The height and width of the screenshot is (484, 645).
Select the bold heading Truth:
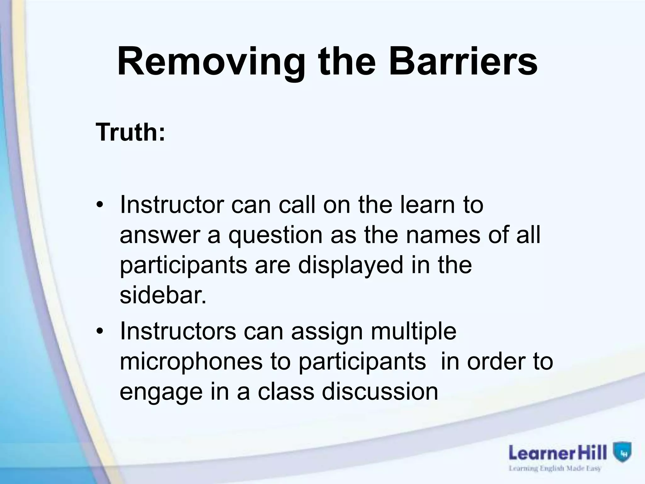(130, 132)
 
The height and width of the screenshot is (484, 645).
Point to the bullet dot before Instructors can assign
(100, 332)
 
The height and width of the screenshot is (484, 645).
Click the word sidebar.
(163, 295)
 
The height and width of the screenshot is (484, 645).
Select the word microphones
(191, 361)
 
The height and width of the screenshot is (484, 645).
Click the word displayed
(351, 265)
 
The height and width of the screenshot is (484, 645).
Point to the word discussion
(380, 392)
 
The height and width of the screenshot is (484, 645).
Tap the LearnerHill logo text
(558, 453)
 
